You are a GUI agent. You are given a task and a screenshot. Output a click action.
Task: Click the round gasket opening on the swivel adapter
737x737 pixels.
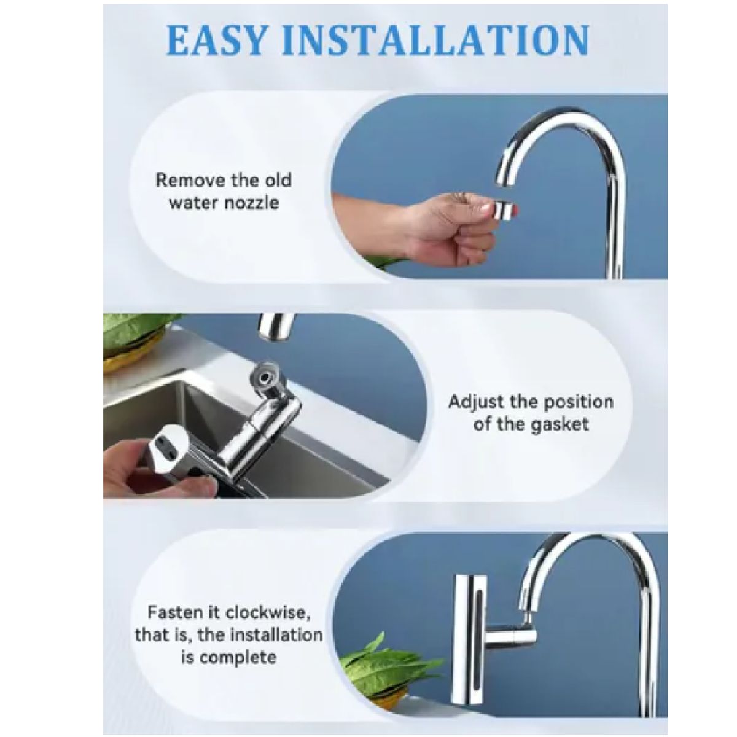point(263,378)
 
